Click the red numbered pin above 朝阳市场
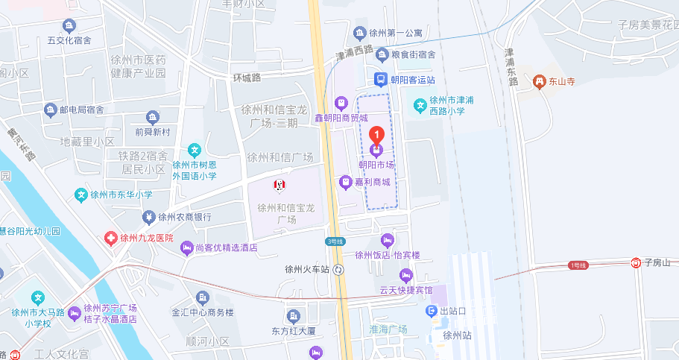tap(377, 136)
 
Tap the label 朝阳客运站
tap(413, 80)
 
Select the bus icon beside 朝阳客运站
tap(380, 79)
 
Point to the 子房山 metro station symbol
tap(636, 262)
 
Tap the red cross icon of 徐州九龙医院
tap(110, 238)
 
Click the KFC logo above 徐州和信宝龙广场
tap(280, 183)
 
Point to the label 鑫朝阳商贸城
tap(341, 118)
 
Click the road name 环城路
tap(247, 78)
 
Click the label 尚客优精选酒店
tap(227, 248)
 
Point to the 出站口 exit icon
tap(431, 310)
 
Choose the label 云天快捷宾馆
tap(406, 290)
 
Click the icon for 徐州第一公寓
tap(359, 33)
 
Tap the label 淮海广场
tap(388, 329)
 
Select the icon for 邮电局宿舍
tap(51, 110)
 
